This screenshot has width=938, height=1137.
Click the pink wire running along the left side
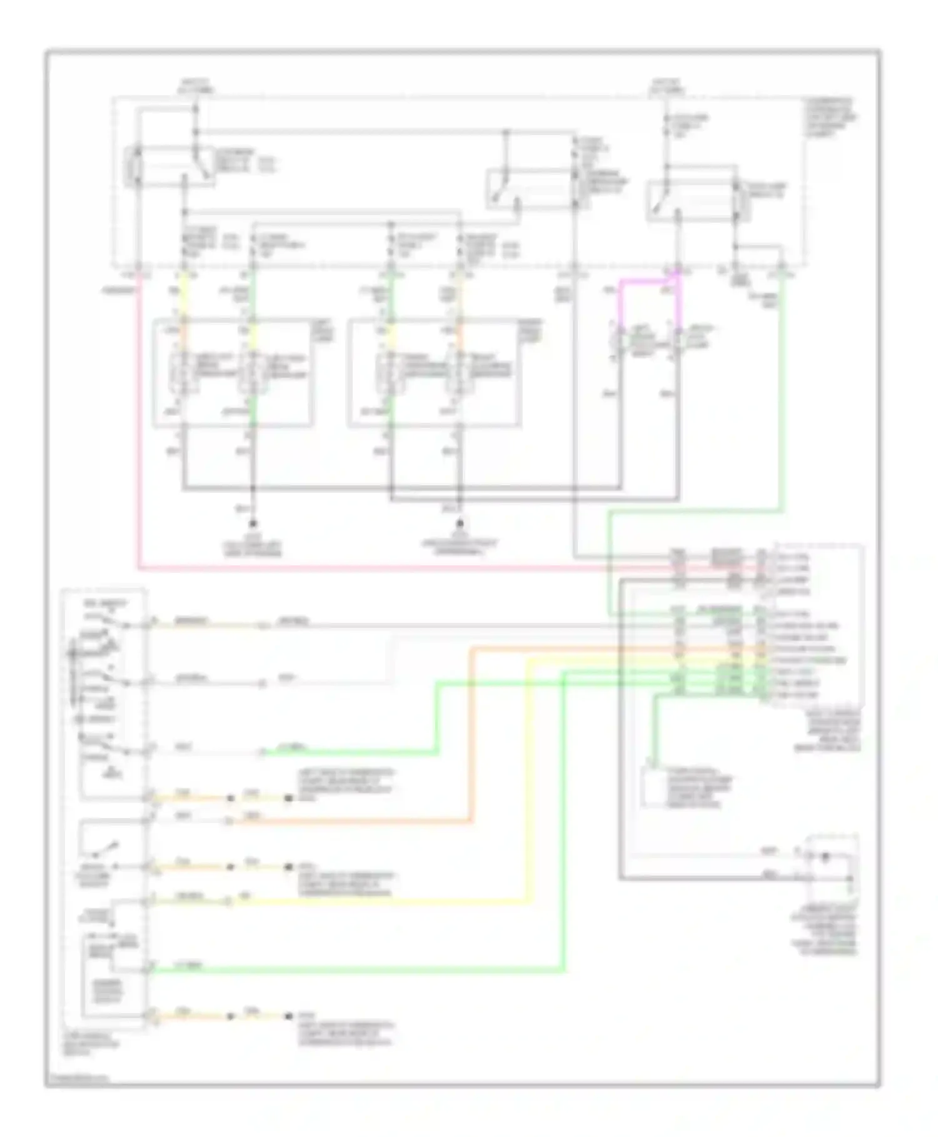pyautogui.click(x=138, y=438)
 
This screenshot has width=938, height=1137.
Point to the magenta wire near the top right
pyautogui.click(x=647, y=283)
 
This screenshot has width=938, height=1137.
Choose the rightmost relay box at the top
pyautogui.click(x=691, y=200)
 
